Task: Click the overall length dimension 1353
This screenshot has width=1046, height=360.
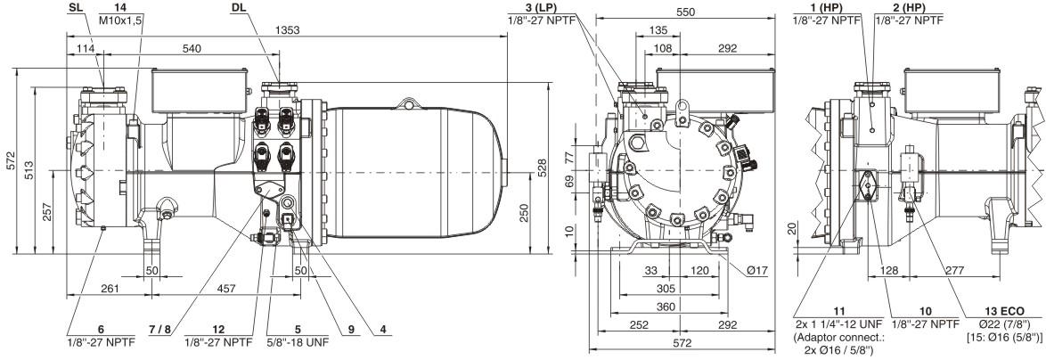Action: tap(287, 30)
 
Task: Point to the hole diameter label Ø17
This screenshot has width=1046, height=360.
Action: tap(758, 270)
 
